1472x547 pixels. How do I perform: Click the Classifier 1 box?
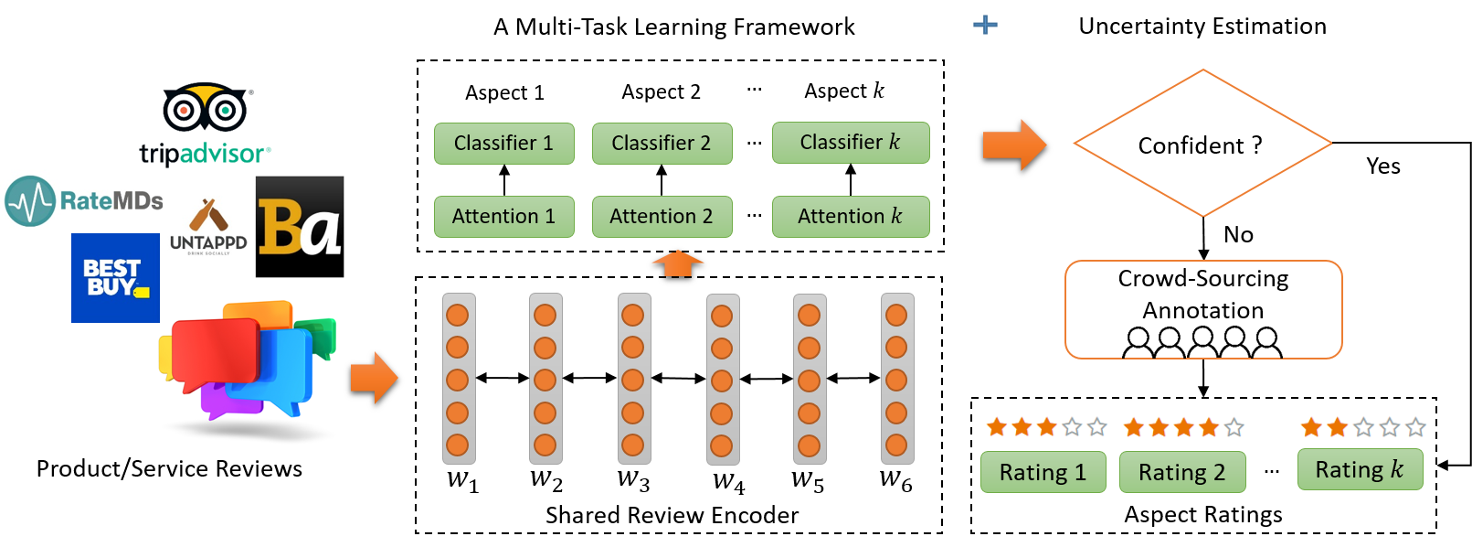point(504,143)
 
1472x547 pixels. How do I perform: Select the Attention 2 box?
point(662,217)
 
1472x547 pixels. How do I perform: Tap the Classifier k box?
point(851,142)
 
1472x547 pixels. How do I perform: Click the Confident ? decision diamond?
point(1203,143)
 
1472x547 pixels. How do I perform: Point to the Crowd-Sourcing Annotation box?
point(1203,309)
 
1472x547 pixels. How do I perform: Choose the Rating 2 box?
point(1182,472)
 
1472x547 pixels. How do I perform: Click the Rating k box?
point(1361,469)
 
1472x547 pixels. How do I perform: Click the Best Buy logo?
point(116,278)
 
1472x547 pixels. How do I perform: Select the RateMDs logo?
point(84,200)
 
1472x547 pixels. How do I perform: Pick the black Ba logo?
point(300,227)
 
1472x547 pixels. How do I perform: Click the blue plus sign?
point(985,25)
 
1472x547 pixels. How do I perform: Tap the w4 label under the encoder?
point(729,481)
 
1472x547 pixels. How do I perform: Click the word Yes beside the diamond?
point(1383,166)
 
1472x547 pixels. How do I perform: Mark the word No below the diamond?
point(1238,234)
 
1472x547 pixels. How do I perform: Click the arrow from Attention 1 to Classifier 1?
point(504,179)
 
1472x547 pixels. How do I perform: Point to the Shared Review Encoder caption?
point(672,515)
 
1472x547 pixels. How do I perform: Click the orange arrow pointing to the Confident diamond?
point(1014,145)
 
